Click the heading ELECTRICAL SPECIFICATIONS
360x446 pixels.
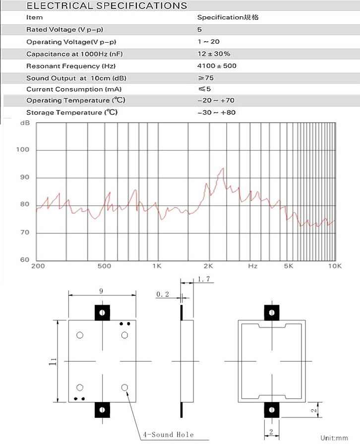pyautogui.click(x=107, y=6)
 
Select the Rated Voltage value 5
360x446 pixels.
pyautogui.click(x=199, y=30)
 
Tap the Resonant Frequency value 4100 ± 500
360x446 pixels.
pyautogui.click(x=217, y=66)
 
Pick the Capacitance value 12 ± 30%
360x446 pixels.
pyautogui.click(x=214, y=54)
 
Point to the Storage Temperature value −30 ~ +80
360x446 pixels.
pyautogui.click(x=216, y=113)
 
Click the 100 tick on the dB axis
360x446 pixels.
pyautogui.click(x=24, y=150)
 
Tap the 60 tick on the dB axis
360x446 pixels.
pyautogui.click(x=24, y=260)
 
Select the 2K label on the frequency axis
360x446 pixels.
pyautogui.click(x=208, y=266)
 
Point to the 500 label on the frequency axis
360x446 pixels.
pyautogui.click(x=104, y=266)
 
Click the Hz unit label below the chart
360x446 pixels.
pyautogui.click(x=253, y=266)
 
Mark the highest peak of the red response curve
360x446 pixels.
pyautogui.click(x=223, y=168)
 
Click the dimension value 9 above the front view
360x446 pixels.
pyautogui.click(x=102, y=291)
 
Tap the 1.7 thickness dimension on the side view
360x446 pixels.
pyautogui.click(x=205, y=280)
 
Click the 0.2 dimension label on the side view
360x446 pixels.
pyautogui.click(x=163, y=294)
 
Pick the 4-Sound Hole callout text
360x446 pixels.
pyautogui.click(x=169, y=435)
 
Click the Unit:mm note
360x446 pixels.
pyautogui.click(x=334, y=438)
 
